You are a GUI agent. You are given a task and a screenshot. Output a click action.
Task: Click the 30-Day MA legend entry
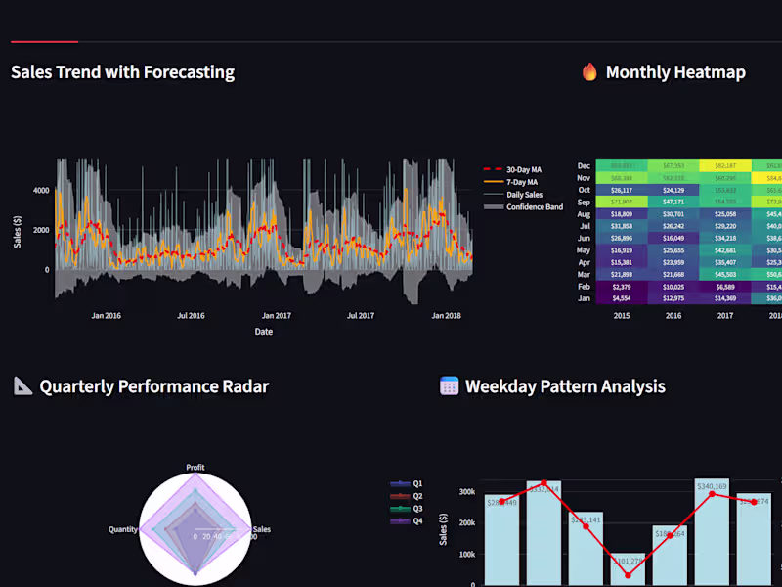523,169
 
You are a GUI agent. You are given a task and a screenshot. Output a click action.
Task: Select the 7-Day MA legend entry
522,182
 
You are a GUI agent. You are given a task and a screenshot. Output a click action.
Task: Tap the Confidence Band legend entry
533,207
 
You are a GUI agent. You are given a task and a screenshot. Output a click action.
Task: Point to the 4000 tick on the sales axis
41,191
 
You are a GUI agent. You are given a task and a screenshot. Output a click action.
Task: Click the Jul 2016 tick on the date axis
191,316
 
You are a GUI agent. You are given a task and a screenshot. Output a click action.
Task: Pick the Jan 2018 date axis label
446,316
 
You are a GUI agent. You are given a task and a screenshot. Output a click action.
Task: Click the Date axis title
264,332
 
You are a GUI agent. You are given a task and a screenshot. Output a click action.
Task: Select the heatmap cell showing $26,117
622,191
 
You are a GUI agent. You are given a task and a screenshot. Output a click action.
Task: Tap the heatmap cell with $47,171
673,203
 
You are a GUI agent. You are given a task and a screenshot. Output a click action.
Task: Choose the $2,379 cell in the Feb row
622,287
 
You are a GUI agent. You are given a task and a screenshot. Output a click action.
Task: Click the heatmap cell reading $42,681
725,251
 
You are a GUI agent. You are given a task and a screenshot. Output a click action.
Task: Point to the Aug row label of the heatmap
584,214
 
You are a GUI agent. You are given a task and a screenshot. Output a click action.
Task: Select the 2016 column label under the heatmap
673,316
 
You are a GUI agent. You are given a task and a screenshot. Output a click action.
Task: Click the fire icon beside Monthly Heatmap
589,72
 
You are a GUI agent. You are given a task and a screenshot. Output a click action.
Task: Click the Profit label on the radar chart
195,468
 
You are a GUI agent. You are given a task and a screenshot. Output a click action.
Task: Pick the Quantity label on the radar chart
122,529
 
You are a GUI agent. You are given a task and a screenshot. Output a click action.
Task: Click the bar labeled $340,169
712,533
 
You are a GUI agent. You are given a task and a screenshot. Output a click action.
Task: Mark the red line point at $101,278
628,575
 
